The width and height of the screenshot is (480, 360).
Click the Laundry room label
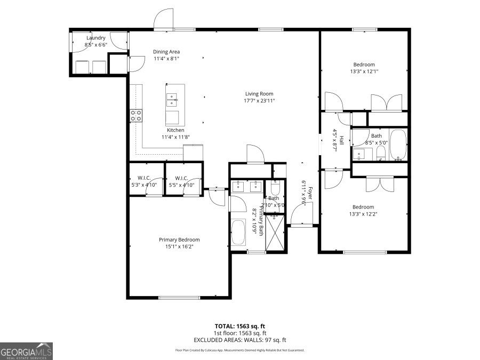point(96,38)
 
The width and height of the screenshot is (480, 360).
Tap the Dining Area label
point(166,52)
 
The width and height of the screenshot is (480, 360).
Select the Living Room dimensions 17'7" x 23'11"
point(259,101)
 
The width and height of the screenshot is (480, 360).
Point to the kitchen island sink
point(172,98)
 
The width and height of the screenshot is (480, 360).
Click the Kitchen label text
point(175,130)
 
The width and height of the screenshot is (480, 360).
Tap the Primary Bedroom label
point(179,240)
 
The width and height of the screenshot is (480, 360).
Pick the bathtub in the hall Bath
point(397,145)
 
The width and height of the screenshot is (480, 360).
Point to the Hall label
point(335,141)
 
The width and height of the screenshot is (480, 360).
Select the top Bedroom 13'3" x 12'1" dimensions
point(364,71)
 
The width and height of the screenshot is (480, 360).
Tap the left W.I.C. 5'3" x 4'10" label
point(144,185)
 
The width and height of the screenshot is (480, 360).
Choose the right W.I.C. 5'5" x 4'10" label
point(180,185)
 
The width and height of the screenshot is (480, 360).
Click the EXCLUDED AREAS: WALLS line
point(240,340)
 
